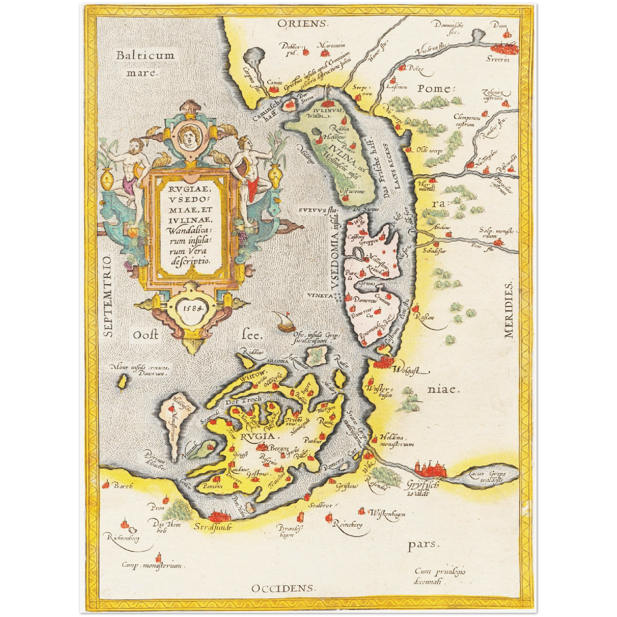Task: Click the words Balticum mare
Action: point(145,63)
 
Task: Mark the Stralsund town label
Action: point(213,526)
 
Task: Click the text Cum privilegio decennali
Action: point(439,576)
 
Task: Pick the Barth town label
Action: point(123,485)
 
